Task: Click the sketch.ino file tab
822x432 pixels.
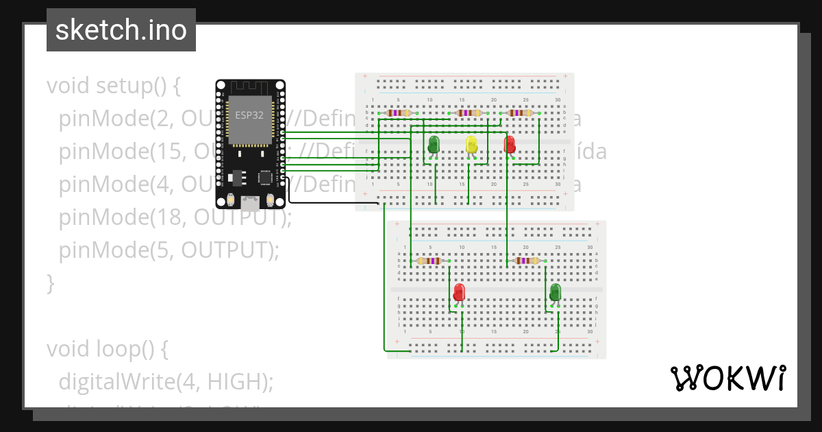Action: point(121,30)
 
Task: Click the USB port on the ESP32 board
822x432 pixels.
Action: point(250,202)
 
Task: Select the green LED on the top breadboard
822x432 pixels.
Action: point(434,145)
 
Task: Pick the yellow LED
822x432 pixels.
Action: point(471,145)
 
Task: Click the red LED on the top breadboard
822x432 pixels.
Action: point(510,145)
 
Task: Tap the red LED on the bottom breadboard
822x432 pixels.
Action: point(459,293)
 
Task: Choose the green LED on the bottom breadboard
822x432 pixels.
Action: point(556,293)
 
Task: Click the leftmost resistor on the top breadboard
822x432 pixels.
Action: point(398,113)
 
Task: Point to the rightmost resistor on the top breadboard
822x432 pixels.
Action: point(520,113)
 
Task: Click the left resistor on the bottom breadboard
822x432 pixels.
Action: point(429,261)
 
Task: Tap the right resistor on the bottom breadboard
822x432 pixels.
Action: point(526,261)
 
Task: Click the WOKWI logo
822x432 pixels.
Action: point(727,378)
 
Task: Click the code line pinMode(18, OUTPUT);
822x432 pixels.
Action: point(175,217)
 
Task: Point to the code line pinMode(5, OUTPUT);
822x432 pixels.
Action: point(169,250)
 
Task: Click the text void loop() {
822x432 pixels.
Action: point(107,349)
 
